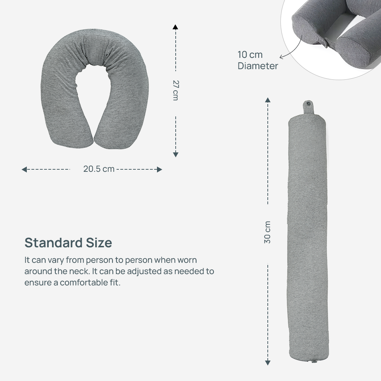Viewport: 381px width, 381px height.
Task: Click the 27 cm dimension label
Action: coord(175,90)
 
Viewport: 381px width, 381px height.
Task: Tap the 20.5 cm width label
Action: coord(99,169)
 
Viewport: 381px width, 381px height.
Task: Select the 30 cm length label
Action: coord(267,232)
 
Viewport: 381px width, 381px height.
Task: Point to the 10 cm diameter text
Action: coord(258,60)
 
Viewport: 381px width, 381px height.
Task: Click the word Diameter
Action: coord(258,66)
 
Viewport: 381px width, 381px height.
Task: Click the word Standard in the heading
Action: coord(54,242)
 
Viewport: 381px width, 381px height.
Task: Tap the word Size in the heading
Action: coord(99,242)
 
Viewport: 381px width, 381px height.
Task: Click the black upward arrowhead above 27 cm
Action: coord(175,27)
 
